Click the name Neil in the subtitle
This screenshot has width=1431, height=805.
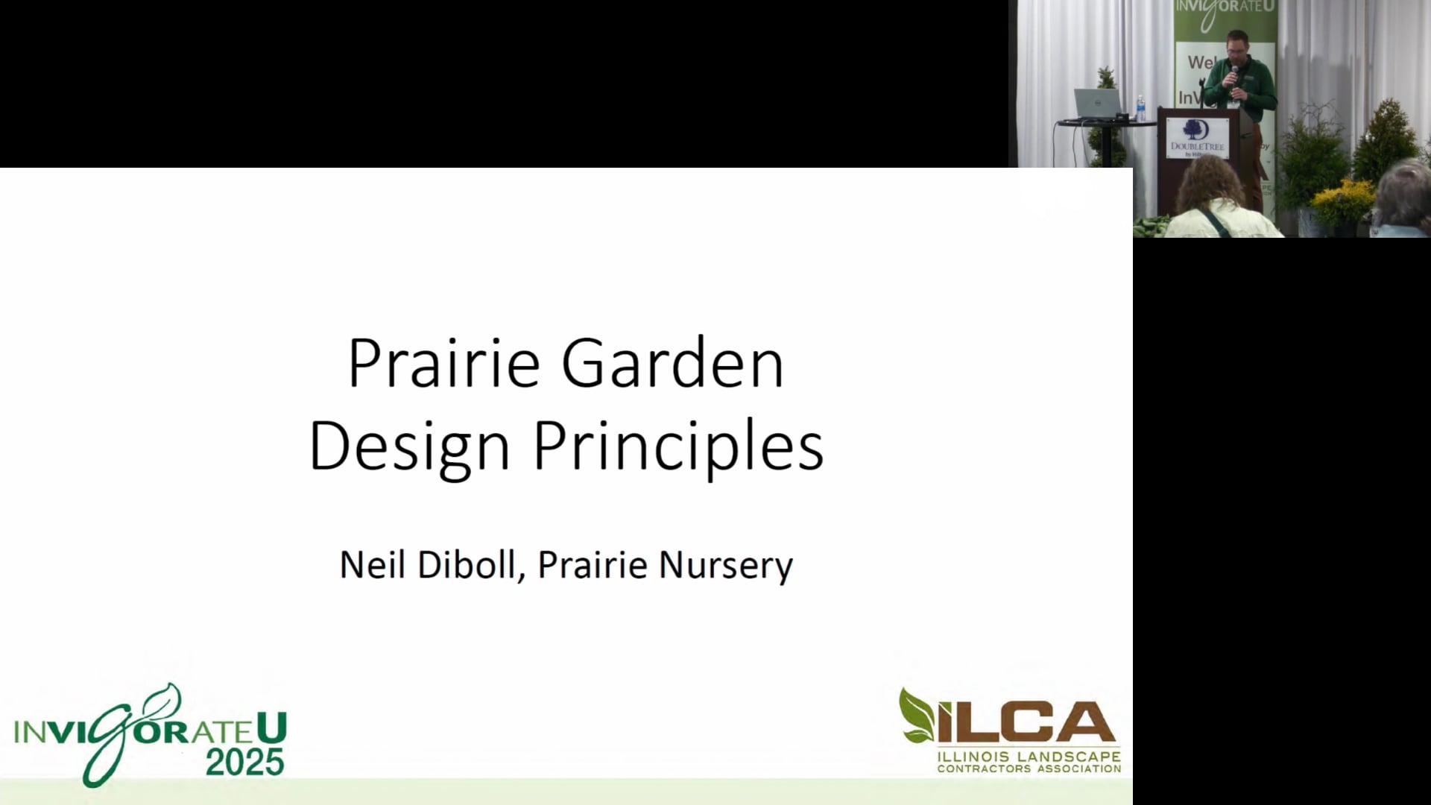point(373,564)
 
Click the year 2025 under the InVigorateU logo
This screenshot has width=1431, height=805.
point(244,762)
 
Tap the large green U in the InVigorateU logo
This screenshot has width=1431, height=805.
point(271,729)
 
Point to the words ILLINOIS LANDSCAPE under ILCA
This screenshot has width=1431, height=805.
point(1029,757)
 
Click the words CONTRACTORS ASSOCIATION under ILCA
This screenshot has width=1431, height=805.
point(1029,768)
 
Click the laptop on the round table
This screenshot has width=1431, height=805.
point(1096,103)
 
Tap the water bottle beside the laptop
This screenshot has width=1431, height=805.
point(1140,109)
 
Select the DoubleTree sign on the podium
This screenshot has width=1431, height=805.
point(1197,137)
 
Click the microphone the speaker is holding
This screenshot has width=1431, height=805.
point(1234,75)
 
